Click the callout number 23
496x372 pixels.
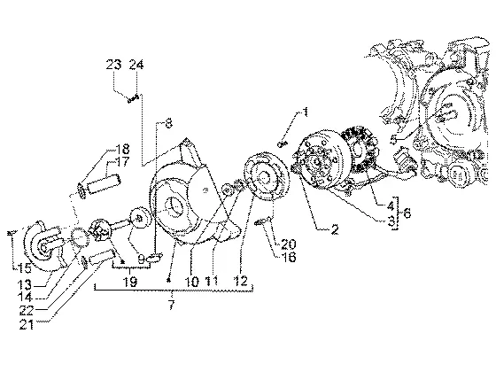113,65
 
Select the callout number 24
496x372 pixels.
136,65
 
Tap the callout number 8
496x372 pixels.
169,123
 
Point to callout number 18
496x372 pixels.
122,149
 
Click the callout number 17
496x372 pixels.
122,161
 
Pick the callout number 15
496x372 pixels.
25,268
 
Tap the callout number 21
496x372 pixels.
27,324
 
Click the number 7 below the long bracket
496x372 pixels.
171,305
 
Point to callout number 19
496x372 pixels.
131,281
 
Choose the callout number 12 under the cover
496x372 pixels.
241,281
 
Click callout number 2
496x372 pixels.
335,229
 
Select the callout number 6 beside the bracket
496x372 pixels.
407,213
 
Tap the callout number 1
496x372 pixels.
306,112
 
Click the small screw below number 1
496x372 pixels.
283,144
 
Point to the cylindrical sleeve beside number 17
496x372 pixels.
105,184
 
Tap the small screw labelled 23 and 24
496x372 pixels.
133,99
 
